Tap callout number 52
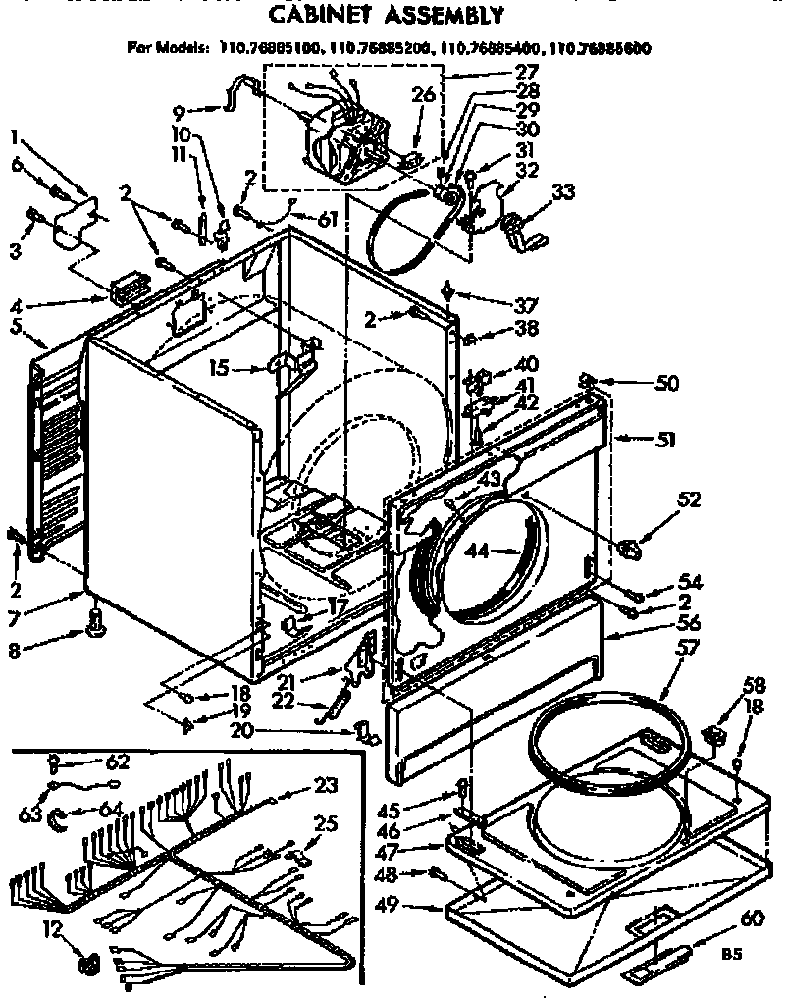(688, 499)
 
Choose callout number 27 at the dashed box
(526, 71)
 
